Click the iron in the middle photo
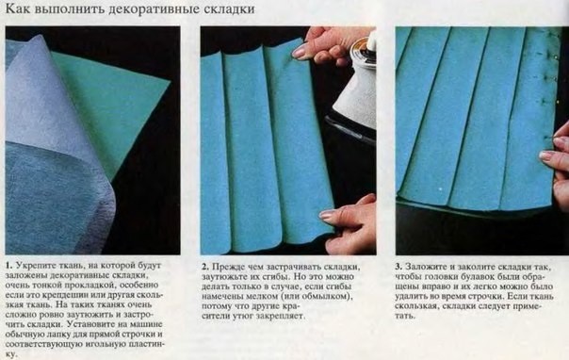pyautogui.click(x=355, y=85)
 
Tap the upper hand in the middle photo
pyautogui.click(x=325, y=42)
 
